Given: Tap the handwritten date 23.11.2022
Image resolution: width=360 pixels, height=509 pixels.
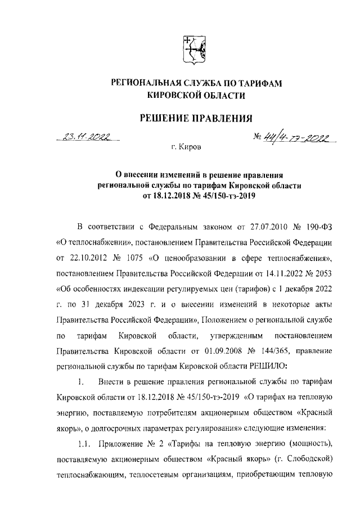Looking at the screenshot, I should tap(88, 136).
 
